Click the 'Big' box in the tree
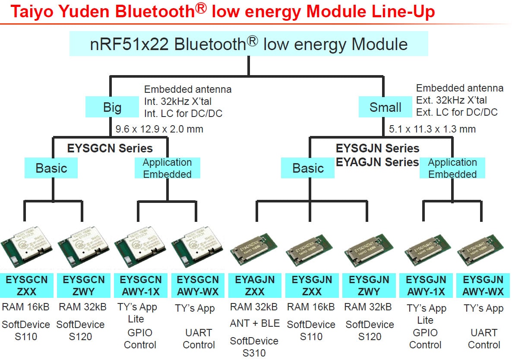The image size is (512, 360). click(x=112, y=107)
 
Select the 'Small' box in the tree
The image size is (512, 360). click(x=385, y=107)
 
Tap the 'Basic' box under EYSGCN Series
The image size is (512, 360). click(x=51, y=168)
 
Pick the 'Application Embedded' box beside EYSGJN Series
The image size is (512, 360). click(x=452, y=168)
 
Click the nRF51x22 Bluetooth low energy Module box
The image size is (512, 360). click(x=249, y=44)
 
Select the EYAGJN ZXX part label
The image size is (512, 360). click(x=255, y=285)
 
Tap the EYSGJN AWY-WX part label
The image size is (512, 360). click(x=483, y=285)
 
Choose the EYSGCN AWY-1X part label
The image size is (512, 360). click(x=140, y=285)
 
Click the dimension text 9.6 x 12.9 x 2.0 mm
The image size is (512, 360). click(x=159, y=129)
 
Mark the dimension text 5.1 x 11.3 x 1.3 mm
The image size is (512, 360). click(x=432, y=129)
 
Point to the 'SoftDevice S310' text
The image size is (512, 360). click(x=254, y=347)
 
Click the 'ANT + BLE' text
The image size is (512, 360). click(x=255, y=323)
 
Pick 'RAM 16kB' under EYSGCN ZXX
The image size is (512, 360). click(x=26, y=307)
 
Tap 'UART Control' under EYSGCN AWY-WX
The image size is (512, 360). click(x=199, y=339)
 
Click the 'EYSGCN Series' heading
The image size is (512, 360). click(x=110, y=148)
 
